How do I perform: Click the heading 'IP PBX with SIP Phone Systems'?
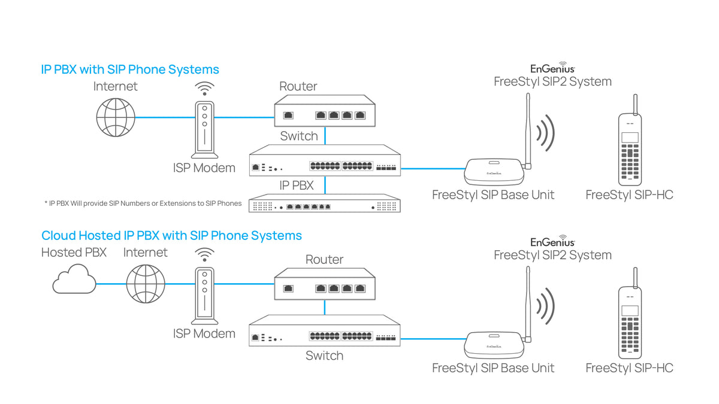click(x=130, y=69)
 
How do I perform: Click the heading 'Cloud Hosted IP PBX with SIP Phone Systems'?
click(x=171, y=235)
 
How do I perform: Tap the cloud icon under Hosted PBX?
click(x=74, y=281)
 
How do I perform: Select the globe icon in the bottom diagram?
click(x=146, y=284)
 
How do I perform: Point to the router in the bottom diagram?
click(x=325, y=284)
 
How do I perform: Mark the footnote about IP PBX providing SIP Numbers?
click(x=143, y=203)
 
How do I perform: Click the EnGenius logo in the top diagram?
click(x=552, y=69)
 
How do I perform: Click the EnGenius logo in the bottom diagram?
click(x=552, y=242)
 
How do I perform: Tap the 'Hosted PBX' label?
click(x=74, y=253)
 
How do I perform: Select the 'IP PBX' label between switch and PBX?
click(x=297, y=186)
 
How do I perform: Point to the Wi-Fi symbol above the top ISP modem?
click(x=205, y=89)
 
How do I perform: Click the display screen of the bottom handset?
click(x=630, y=311)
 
